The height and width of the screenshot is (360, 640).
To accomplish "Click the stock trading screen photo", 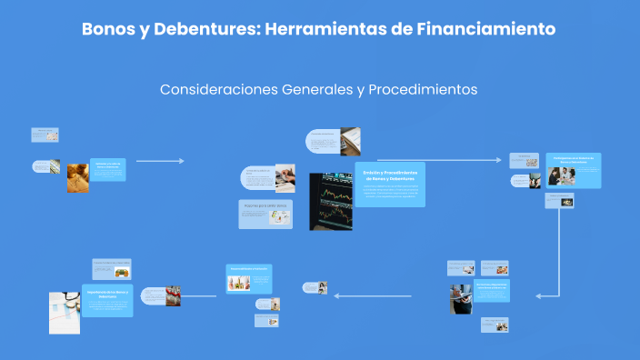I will point(330,201).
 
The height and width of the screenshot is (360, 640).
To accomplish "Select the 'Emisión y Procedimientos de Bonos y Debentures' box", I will point(389,185).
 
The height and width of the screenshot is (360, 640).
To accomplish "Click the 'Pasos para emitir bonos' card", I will point(265,214).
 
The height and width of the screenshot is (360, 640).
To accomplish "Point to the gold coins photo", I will point(78,176).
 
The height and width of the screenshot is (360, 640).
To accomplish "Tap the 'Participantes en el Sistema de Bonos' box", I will point(576,170).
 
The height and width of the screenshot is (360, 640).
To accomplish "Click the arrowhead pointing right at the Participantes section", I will point(498,160).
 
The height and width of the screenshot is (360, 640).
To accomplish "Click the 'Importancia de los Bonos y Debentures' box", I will point(107,301).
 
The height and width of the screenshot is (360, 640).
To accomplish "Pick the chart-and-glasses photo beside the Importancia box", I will point(65,312).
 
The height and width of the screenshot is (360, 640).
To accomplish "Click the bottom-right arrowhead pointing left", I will point(539,295).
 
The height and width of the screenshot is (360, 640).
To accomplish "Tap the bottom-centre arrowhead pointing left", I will point(335,295).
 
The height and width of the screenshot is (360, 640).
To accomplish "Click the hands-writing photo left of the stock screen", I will point(285,175).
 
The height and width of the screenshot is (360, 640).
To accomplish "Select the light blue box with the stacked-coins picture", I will point(248,279).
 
